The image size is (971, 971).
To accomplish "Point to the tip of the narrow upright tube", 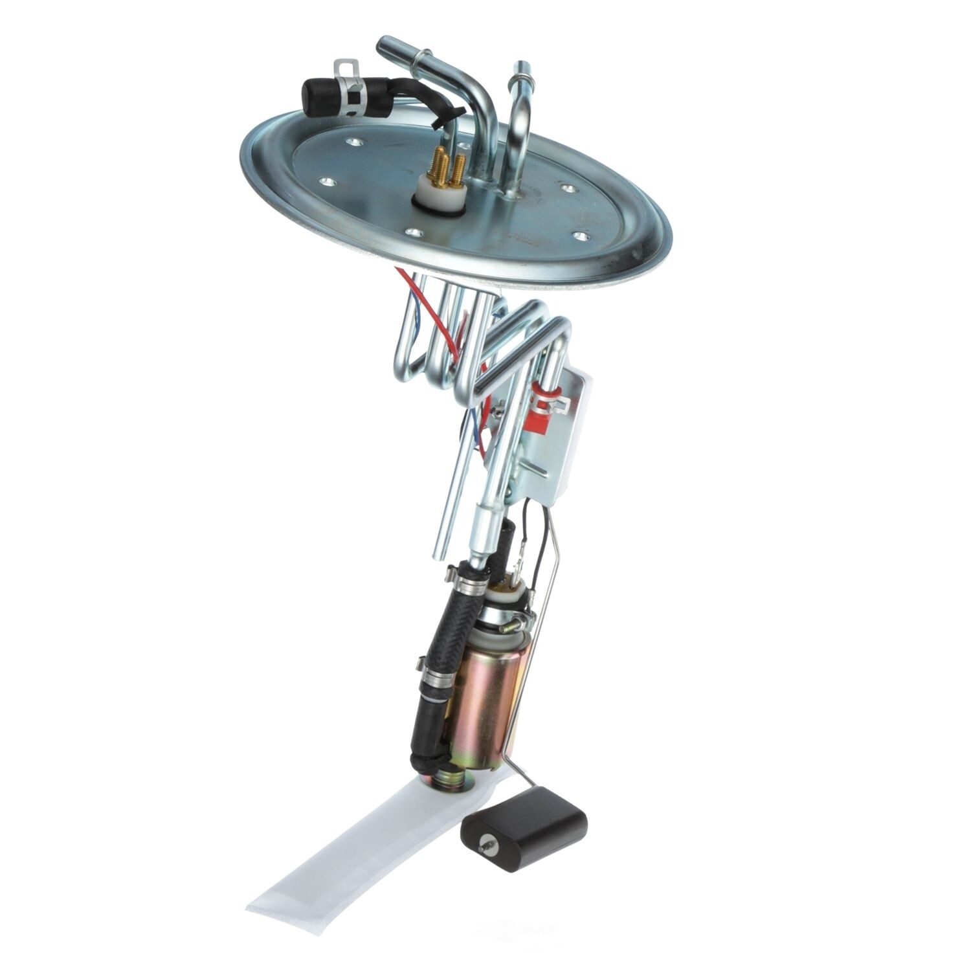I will (520, 67).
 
